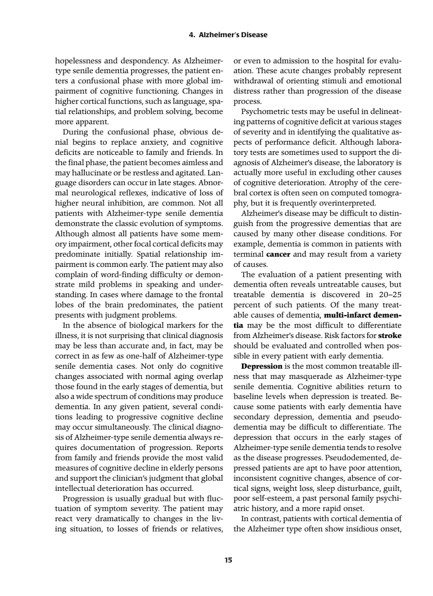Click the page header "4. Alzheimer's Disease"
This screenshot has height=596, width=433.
[228, 35]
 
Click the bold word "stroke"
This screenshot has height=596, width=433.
[389, 335]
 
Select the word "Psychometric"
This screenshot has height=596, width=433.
[265, 112]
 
